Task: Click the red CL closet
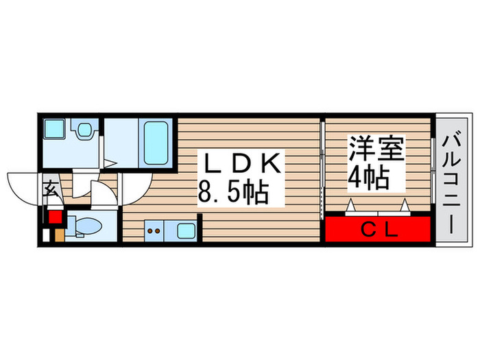378,229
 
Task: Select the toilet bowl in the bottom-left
85,227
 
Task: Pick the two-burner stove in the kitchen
154,231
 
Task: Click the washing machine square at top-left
53,130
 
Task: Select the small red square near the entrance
55,218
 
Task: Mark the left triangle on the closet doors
350,204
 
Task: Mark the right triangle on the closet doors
404,204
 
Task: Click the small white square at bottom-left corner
46,235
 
